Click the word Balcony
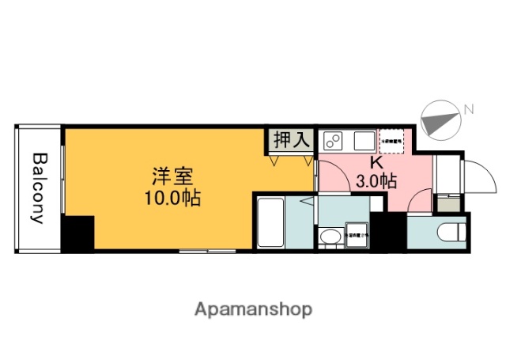point(37,188)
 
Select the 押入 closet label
point(290,140)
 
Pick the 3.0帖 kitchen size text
point(376,181)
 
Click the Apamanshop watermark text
point(253,309)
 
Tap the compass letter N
point(468,108)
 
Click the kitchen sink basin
point(364,142)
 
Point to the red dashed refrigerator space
point(391,142)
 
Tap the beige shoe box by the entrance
point(447,203)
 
